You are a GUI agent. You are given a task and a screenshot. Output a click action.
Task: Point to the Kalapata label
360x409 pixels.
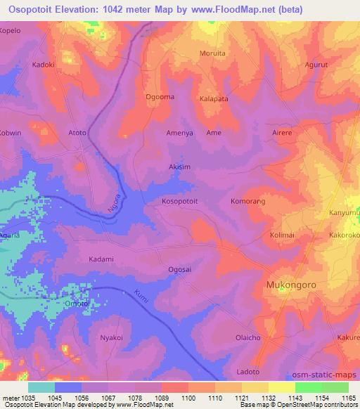pos(214,99)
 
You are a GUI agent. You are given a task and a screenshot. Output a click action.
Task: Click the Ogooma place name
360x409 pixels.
pos(159,97)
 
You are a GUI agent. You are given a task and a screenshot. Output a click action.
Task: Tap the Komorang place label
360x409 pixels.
pos(247,201)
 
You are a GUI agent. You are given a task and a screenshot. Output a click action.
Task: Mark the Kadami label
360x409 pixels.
pos(101,259)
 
